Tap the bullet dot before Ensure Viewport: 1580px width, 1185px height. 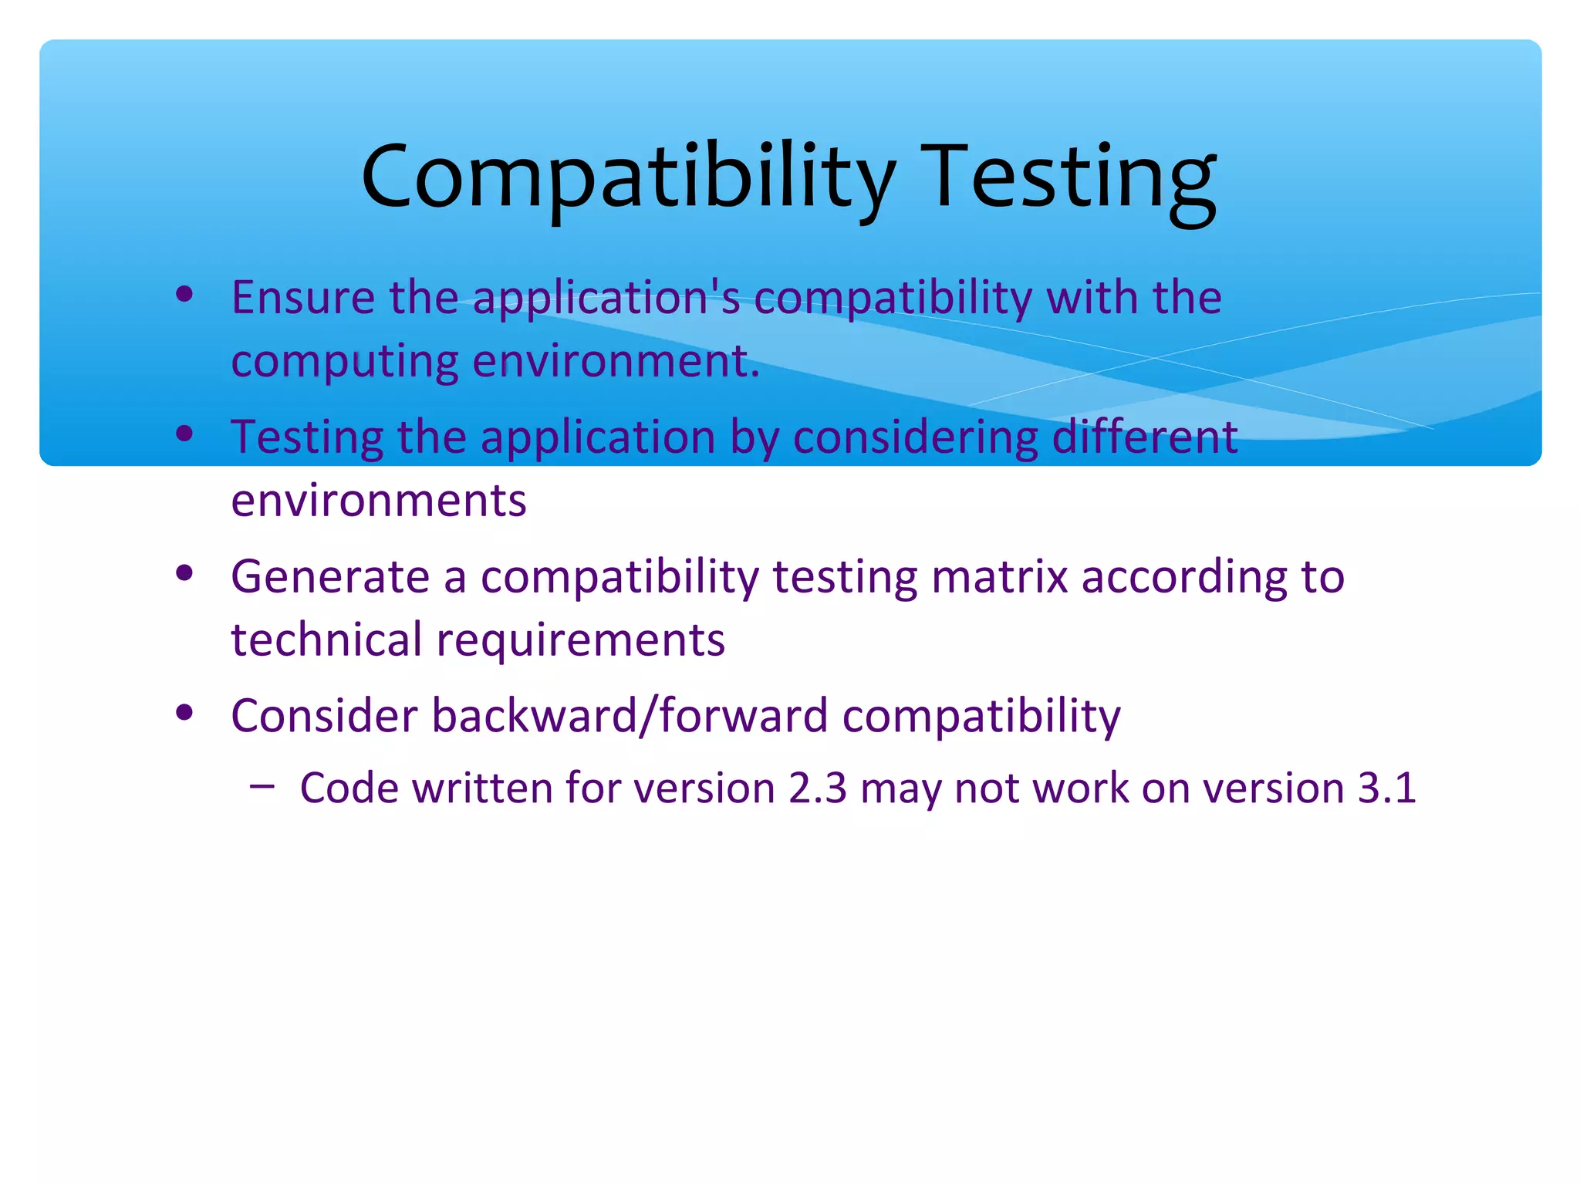pyautogui.click(x=184, y=294)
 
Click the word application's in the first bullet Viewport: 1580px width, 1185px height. pyautogui.click(x=606, y=299)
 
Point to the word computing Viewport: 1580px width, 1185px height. pyautogui.click(x=344, y=362)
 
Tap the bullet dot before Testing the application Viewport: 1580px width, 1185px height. pyautogui.click(x=184, y=434)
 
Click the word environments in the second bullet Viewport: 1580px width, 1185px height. pyautogui.click(x=379, y=501)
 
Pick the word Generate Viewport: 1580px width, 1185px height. pyautogui.click(x=330, y=577)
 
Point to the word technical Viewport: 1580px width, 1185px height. pyautogui.click(x=326, y=640)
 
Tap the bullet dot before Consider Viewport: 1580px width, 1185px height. pyautogui.click(x=184, y=713)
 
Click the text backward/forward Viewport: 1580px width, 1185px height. pyautogui.click(x=630, y=716)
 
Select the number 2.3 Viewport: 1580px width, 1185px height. pyautogui.click(x=817, y=788)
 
